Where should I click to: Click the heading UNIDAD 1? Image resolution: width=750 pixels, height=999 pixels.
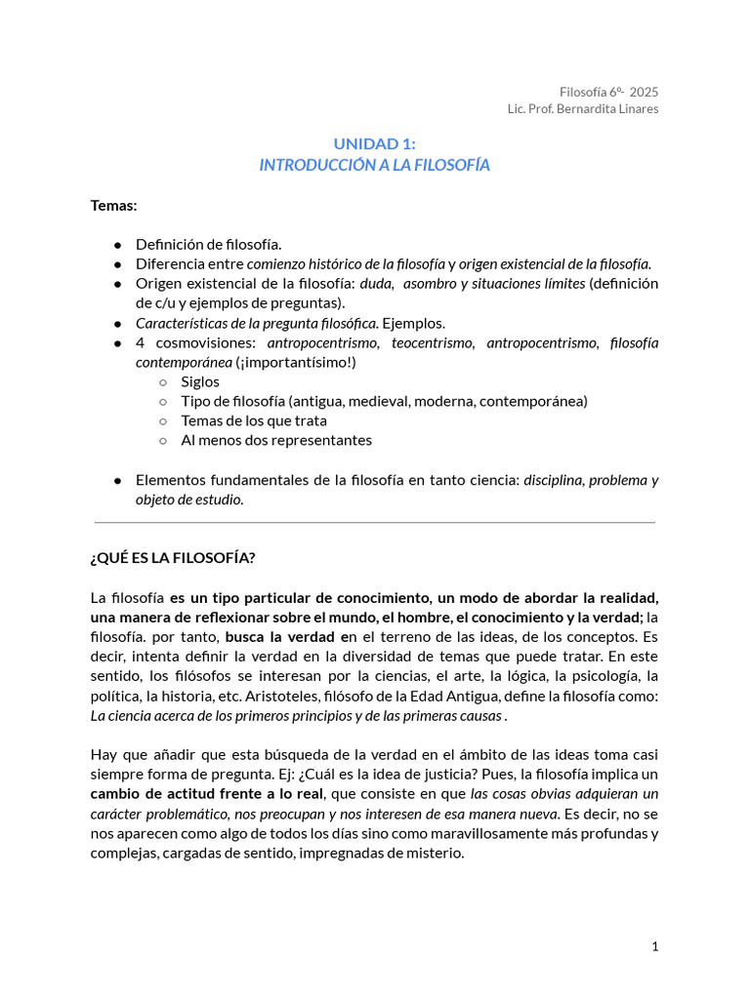374,143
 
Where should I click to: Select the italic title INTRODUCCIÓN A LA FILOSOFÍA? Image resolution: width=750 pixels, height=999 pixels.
374,165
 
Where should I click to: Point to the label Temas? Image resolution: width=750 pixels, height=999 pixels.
113,205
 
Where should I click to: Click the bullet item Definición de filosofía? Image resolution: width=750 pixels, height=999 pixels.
208,244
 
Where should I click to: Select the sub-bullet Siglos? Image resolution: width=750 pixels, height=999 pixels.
200,381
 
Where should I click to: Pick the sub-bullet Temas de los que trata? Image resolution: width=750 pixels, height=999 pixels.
254,420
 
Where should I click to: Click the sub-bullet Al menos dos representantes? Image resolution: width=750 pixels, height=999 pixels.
276,440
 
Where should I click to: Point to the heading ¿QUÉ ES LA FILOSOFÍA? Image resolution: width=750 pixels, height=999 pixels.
173,558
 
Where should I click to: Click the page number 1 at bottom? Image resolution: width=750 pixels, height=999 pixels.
655,946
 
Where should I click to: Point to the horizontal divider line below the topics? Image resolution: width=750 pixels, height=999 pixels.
374,523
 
